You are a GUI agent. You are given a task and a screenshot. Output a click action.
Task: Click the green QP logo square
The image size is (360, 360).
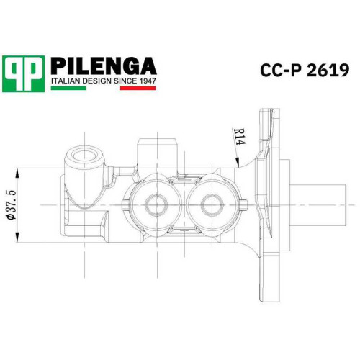(x=23, y=73)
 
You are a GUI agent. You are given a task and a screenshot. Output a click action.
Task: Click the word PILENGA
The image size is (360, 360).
(x=104, y=66)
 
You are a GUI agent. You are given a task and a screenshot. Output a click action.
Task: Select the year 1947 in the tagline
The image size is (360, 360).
(x=148, y=81)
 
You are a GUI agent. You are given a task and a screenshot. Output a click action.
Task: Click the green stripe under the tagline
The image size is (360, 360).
(x=68, y=88)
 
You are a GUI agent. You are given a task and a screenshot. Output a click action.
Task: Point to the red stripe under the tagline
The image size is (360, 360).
(x=138, y=88)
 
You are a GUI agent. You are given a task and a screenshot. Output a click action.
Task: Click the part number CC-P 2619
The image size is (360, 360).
(x=305, y=71)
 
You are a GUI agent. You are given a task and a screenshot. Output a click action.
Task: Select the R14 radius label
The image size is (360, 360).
(x=240, y=137)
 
